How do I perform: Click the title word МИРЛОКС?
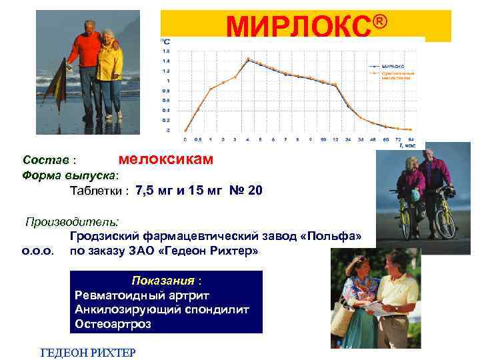[297, 27]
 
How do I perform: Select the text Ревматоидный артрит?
[133, 295]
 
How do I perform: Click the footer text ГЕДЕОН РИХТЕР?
[88, 352]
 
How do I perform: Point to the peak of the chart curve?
[248, 59]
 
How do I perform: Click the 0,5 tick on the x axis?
[198, 140]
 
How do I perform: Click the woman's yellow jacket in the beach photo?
[109, 64]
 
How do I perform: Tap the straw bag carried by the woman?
[343, 321]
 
